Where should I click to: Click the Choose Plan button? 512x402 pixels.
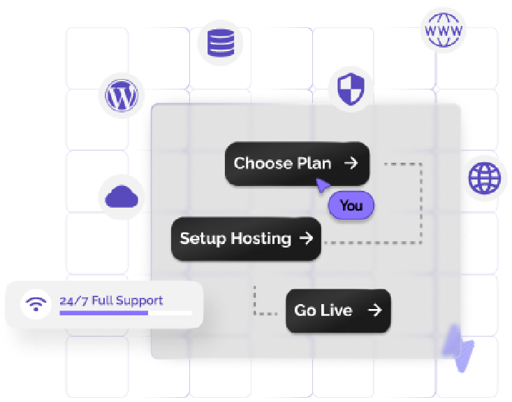coord(296,164)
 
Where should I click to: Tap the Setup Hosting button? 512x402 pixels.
coord(246,238)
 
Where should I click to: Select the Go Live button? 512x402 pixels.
coord(338,310)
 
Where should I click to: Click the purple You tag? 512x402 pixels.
coord(351,206)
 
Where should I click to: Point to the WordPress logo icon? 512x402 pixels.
coord(121,95)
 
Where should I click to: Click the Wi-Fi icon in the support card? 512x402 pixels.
coord(35,305)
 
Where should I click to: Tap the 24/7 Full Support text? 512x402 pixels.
coord(111,301)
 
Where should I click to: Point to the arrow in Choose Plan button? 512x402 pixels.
coord(351,164)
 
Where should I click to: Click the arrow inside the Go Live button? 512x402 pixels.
coord(375,310)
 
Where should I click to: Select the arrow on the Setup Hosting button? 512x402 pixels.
coord(306,238)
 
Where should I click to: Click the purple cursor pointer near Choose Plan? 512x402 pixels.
coord(323,185)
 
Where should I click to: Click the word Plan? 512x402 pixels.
coord(314,164)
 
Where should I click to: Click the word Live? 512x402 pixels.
coord(337,310)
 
